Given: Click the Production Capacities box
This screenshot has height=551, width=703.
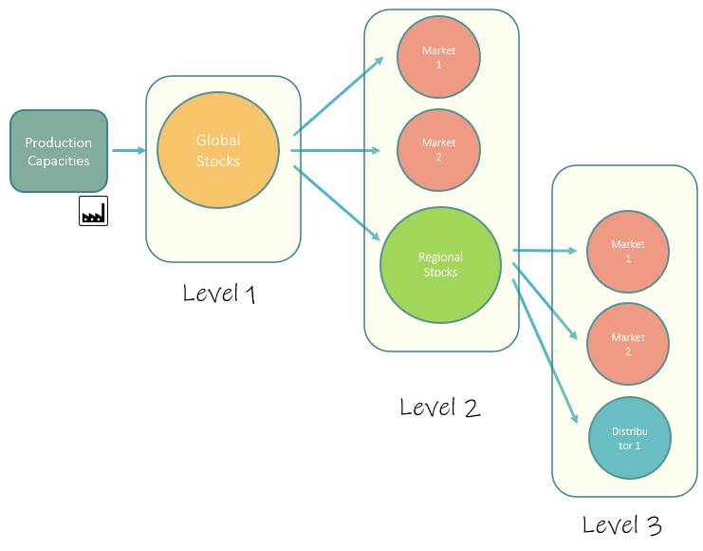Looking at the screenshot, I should [x=58, y=152].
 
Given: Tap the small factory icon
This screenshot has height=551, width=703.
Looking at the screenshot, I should [x=93, y=212].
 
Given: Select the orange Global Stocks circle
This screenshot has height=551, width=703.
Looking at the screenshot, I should [x=217, y=151].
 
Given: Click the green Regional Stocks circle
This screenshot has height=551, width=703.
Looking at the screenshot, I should [x=440, y=264].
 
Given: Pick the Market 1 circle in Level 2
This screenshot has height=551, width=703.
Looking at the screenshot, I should [x=438, y=58].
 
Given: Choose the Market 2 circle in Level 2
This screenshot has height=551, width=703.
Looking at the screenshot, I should [x=438, y=150].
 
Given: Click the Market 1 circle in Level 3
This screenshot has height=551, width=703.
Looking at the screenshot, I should [x=628, y=252].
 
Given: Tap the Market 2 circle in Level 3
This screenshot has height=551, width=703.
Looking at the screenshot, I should [x=628, y=344].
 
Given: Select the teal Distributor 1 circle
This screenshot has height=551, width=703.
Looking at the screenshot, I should [x=628, y=438].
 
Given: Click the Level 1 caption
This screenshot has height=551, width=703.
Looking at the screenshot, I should [x=220, y=294].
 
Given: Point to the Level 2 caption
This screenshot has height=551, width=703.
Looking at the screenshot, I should [x=440, y=408].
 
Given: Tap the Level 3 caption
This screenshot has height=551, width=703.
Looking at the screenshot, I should [x=621, y=524].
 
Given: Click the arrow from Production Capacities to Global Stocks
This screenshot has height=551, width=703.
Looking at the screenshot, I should [x=128, y=150].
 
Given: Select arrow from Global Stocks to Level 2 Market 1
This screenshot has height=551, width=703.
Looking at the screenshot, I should [x=339, y=96].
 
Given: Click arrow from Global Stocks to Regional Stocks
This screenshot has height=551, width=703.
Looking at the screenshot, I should [x=339, y=200].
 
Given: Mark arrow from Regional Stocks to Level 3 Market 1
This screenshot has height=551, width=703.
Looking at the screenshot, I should [x=546, y=251].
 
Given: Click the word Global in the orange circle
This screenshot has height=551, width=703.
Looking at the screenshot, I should [x=218, y=140].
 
